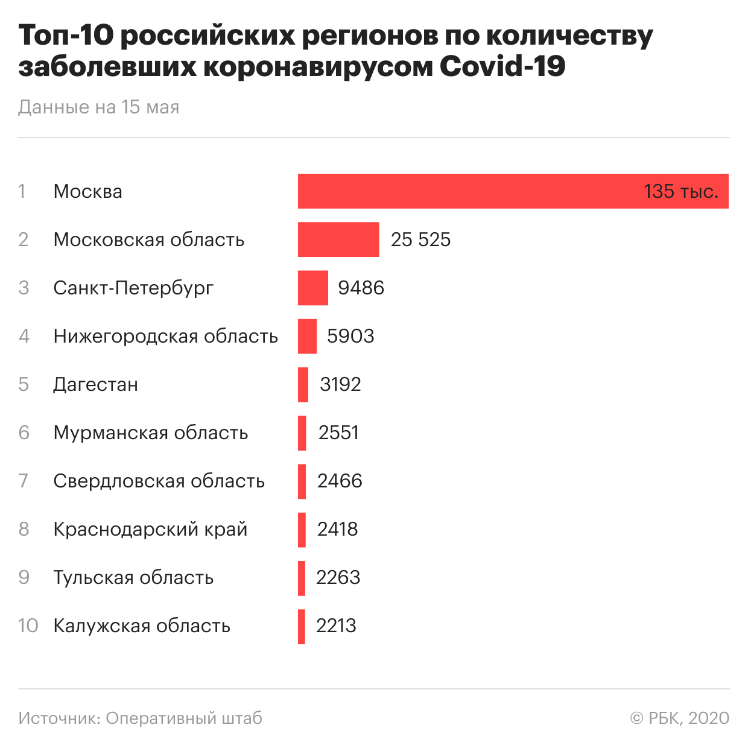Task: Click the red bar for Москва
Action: tap(471, 191)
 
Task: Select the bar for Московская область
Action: tap(338, 239)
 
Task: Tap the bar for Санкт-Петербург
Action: tap(313, 288)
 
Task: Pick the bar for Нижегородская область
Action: tap(307, 336)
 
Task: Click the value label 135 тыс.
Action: tap(681, 191)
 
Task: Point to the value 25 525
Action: tap(420, 239)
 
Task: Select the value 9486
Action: tap(361, 288)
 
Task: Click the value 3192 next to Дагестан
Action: tap(340, 384)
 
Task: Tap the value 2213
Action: tap(336, 626)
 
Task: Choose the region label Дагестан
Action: tap(95, 384)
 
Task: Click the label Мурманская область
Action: tap(150, 433)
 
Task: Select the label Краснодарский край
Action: tap(150, 529)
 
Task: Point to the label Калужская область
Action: tap(142, 626)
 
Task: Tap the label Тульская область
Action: tap(133, 577)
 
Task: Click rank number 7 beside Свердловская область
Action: tap(24, 481)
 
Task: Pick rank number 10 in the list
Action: tap(28, 626)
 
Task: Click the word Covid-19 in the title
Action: tap(502, 66)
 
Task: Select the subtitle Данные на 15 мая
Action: tap(99, 107)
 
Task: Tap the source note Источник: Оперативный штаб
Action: tap(140, 718)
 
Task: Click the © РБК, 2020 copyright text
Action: tap(680, 718)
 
